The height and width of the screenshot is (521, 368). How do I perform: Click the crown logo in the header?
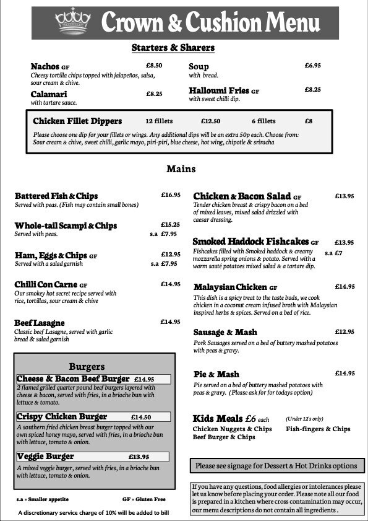[x=73, y=22]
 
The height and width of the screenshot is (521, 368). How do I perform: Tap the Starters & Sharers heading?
[x=173, y=48]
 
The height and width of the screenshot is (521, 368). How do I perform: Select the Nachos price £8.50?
[x=154, y=65]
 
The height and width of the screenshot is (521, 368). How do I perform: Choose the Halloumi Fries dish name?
[x=219, y=90]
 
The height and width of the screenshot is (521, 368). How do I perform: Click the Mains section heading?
[x=181, y=169]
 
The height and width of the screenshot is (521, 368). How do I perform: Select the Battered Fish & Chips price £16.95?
[x=171, y=195]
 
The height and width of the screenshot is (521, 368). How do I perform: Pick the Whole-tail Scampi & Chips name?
[x=66, y=225]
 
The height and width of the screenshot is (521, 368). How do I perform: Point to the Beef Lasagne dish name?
[x=40, y=323]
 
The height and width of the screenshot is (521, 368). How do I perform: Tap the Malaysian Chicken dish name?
[x=231, y=287]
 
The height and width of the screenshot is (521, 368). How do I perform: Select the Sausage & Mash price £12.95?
[x=344, y=332]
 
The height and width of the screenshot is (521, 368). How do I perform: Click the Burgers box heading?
[x=87, y=366]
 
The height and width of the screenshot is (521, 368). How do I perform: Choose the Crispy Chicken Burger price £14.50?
[x=141, y=417]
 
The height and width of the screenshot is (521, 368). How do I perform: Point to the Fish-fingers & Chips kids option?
[x=318, y=429]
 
